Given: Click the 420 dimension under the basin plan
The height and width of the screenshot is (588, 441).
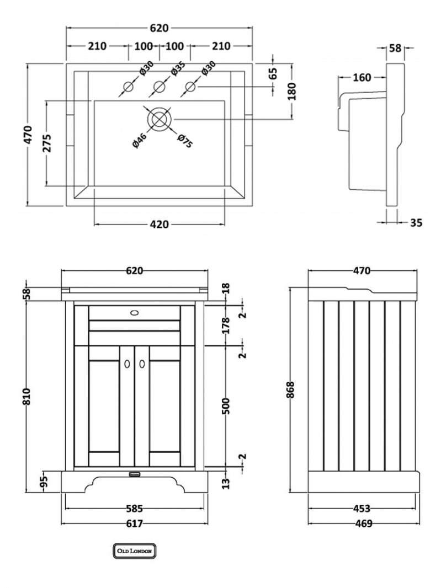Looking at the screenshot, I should (159, 224).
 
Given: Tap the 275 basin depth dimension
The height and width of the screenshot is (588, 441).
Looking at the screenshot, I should (47, 144).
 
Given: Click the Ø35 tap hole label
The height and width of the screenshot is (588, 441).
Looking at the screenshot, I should (177, 70).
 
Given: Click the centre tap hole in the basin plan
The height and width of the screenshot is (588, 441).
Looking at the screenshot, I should (160, 87).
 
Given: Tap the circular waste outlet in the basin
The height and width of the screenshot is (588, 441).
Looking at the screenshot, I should (160, 119).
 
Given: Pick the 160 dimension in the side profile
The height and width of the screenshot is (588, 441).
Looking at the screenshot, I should (362, 78).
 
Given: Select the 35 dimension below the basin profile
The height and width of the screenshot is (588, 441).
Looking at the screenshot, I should (417, 223).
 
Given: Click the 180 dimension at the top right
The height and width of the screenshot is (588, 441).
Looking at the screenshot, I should (292, 91).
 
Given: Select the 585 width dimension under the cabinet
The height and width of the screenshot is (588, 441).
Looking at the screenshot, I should (135, 509).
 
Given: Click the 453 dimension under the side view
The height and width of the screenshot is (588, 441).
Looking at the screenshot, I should (362, 509).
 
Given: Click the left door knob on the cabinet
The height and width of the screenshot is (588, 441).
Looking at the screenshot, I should (128, 364).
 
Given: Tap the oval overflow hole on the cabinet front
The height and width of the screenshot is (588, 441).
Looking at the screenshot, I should (135, 312).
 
